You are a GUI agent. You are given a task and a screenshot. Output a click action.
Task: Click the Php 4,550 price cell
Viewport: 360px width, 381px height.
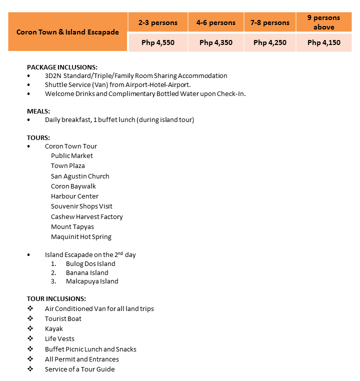(x=158, y=42)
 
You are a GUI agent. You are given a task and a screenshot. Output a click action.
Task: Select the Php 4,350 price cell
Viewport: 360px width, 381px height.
(x=216, y=42)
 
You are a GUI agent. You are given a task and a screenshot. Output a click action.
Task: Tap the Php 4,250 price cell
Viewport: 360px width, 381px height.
(x=270, y=42)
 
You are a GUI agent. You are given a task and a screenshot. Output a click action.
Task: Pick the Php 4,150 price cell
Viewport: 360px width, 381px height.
(x=324, y=42)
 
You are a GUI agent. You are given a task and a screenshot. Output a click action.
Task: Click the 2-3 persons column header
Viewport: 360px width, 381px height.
(x=158, y=22)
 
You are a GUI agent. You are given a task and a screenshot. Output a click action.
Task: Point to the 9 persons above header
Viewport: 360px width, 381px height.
(x=324, y=22)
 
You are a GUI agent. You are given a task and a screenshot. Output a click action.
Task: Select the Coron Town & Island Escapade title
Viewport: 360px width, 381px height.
(x=67, y=32)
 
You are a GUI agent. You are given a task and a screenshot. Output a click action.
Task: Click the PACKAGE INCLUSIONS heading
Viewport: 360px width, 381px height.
(x=62, y=66)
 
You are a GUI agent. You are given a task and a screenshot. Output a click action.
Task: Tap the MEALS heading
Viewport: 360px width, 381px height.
(x=38, y=111)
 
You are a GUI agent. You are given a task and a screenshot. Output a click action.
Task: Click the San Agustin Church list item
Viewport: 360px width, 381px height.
(x=80, y=176)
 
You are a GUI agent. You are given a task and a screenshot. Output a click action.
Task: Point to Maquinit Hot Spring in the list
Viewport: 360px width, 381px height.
(x=81, y=236)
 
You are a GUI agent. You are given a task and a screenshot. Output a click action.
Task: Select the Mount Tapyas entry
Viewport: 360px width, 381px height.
(x=72, y=226)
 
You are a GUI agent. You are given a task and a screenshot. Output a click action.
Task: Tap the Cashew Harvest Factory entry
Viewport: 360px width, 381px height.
(x=86, y=216)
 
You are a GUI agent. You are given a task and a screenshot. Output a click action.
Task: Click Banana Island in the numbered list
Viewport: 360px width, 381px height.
(x=87, y=272)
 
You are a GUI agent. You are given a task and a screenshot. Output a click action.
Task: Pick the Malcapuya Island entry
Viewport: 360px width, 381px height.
(x=92, y=281)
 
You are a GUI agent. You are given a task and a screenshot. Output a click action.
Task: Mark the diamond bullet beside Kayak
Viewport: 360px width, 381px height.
(x=30, y=329)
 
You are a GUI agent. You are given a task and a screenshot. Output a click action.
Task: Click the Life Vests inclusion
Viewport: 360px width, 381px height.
(x=59, y=339)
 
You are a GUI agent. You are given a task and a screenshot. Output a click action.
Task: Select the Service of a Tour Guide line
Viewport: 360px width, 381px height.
(x=79, y=369)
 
